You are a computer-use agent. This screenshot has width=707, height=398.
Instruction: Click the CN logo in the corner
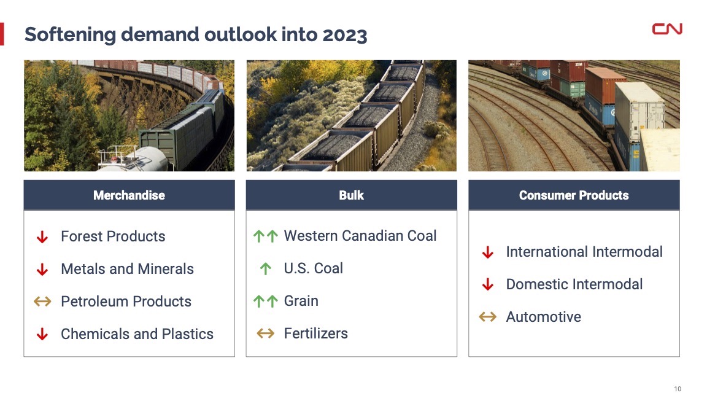tap(667, 29)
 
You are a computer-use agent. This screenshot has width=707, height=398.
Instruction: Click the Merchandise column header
tap(129, 195)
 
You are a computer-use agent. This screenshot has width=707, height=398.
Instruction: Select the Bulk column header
tap(351, 195)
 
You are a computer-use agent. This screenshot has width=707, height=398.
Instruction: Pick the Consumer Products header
tap(574, 195)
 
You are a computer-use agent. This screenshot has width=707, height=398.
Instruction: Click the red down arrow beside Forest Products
tap(42, 236)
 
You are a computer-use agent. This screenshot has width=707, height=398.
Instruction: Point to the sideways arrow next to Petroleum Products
tap(42, 301)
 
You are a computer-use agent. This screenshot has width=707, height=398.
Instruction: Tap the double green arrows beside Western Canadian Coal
tap(266, 236)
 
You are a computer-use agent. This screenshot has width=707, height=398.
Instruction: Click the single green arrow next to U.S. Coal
tap(266, 269)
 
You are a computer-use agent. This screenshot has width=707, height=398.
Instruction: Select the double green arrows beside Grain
tap(266, 301)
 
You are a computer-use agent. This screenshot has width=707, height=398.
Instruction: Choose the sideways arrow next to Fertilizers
tap(266, 334)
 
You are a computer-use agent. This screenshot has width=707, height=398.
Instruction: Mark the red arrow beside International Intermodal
tap(487, 252)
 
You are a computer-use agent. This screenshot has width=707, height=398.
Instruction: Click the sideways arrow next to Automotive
tap(487, 317)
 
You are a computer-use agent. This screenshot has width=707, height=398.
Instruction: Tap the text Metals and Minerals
tap(127, 269)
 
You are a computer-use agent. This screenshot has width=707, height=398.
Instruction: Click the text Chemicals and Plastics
tap(137, 334)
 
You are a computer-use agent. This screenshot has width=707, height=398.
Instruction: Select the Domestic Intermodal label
tap(574, 284)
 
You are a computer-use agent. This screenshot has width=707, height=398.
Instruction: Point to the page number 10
tap(678, 389)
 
